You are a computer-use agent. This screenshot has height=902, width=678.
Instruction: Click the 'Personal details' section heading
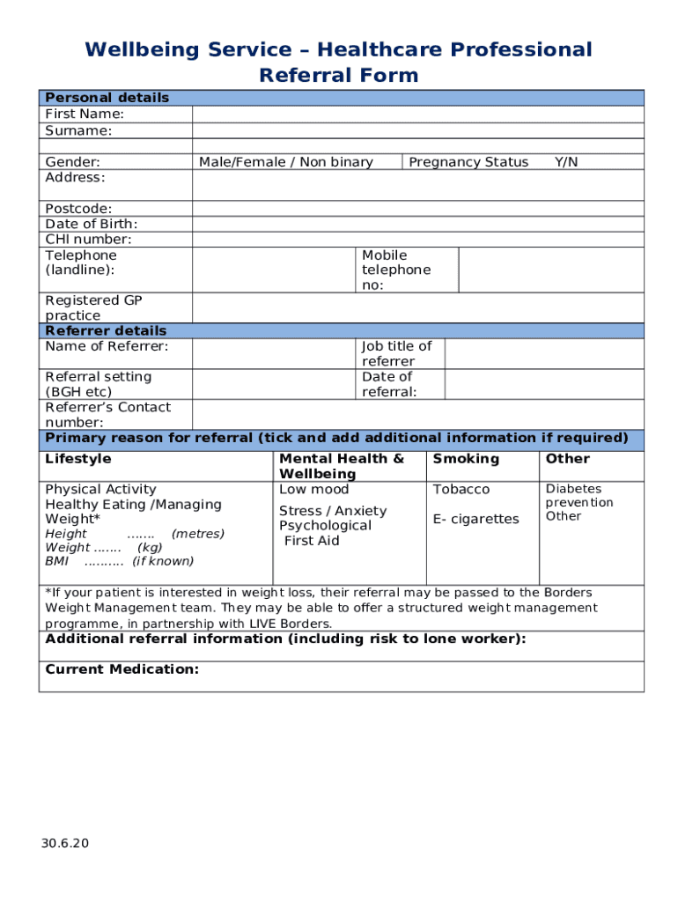click(107, 98)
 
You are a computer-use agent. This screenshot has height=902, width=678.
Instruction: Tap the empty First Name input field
click(417, 114)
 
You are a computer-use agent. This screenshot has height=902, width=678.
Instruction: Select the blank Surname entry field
click(417, 130)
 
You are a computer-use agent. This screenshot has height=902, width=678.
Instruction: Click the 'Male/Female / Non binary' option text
click(286, 162)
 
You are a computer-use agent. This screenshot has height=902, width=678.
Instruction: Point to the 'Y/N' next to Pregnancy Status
click(566, 162)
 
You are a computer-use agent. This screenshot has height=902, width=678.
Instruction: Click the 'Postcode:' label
click(78, 209)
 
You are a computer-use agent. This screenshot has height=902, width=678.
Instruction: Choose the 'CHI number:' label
click(88, 240)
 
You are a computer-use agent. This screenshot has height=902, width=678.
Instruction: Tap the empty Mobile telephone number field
click(551, 270)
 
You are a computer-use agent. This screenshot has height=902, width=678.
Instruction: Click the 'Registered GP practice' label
click(93, 307)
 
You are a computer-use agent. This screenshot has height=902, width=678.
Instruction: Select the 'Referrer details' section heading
click(106, 331)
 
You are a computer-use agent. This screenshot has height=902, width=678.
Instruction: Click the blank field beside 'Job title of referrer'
click(543, 353)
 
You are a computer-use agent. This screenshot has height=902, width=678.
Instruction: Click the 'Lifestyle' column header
click(78, 459)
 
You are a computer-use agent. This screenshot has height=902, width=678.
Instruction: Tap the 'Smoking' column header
click(466, 459)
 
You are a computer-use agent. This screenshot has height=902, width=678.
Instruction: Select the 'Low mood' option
click(313, 490)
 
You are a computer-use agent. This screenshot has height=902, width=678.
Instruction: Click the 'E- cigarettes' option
click(475, 519)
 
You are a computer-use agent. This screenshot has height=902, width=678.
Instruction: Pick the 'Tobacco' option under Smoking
click(461, 490)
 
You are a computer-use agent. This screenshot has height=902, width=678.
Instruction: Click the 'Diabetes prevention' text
click(579, 496)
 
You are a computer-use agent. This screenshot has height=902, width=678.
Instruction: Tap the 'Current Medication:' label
click(122, 669)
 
